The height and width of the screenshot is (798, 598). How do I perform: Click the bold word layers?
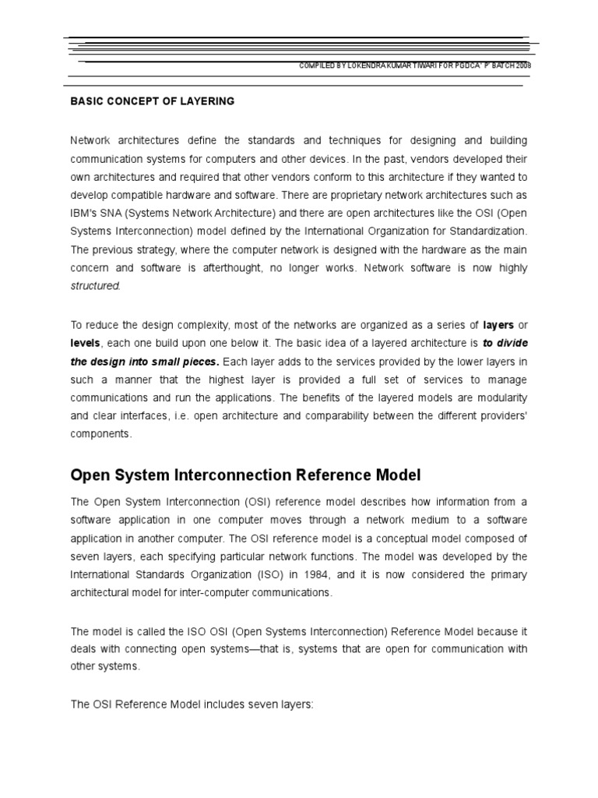(x=498, y=325)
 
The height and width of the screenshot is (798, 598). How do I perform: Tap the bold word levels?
(x=85, y=343)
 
